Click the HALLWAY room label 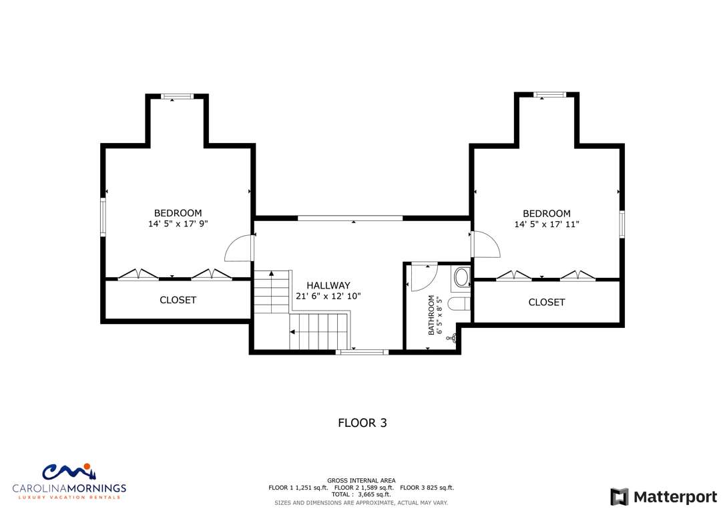(x=328, y=285)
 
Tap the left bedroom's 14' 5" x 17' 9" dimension (x=178, y=224)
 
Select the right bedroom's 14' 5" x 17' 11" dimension (x=547, y=224)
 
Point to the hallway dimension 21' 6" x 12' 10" (x=328, y=296)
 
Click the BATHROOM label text (x=431, y=315)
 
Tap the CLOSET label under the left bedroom (x=178, y=300)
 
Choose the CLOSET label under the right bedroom (x=547, y=303)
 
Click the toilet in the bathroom (x=459, y=305)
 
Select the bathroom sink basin (x=461, y=278)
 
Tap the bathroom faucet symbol (x=452, y=338)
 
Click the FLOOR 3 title (x=362, y=423)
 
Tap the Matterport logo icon (x=619, y=497)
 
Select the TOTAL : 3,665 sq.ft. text (x=361, y=494)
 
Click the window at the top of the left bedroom (x=177, y=97)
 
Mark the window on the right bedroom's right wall (x=622, y=224)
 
